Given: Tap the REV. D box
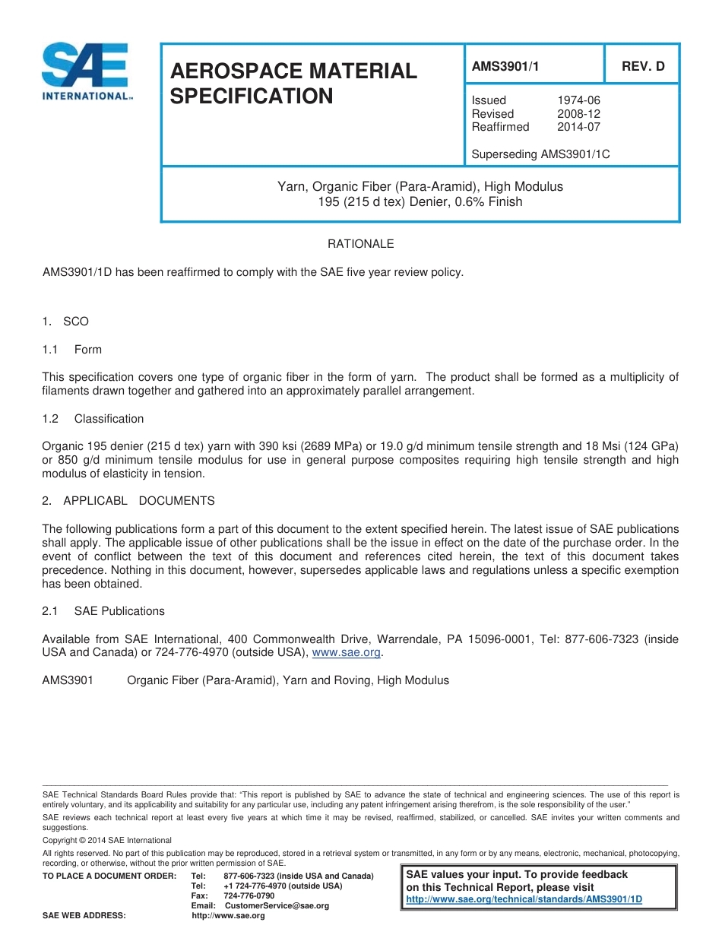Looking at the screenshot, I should [643, 66].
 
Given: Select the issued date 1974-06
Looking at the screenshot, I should [578, 100].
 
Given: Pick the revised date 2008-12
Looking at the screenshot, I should [578, 114].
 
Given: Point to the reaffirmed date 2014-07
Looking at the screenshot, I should [578, 127].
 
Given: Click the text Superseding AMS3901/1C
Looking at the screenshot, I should [540, 154].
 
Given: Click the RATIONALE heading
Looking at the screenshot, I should [360, 244].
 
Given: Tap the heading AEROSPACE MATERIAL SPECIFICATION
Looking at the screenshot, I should [293, 84].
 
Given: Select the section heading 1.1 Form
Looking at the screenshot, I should [72, 350].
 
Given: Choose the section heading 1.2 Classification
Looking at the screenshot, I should [93, 419].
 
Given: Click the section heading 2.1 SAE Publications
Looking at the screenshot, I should [103, 611].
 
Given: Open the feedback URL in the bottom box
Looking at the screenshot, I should [524, 899].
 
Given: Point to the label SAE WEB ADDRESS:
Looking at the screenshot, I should [84, 916].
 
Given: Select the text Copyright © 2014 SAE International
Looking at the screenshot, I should [107, 841].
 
